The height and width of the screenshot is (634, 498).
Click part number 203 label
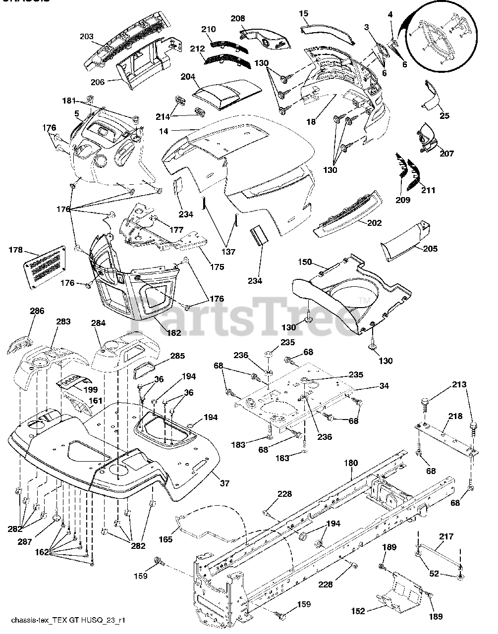point(86,36)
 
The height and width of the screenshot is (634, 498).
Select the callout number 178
point(16,251)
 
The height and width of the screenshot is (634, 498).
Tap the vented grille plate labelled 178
point(45,266)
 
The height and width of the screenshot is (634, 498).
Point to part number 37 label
point(224,483)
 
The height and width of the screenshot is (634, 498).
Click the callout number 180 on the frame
point(350,463)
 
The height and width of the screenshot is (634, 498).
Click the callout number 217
point(446,536)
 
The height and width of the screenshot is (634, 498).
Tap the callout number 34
point(384,386)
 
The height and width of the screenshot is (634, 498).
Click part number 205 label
point(430,249)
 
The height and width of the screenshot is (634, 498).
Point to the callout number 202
point(375,223)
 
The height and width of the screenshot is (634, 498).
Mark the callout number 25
point(444,115)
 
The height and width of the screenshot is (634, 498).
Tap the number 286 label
point(37,311)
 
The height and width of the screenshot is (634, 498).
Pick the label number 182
point(174,333)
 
